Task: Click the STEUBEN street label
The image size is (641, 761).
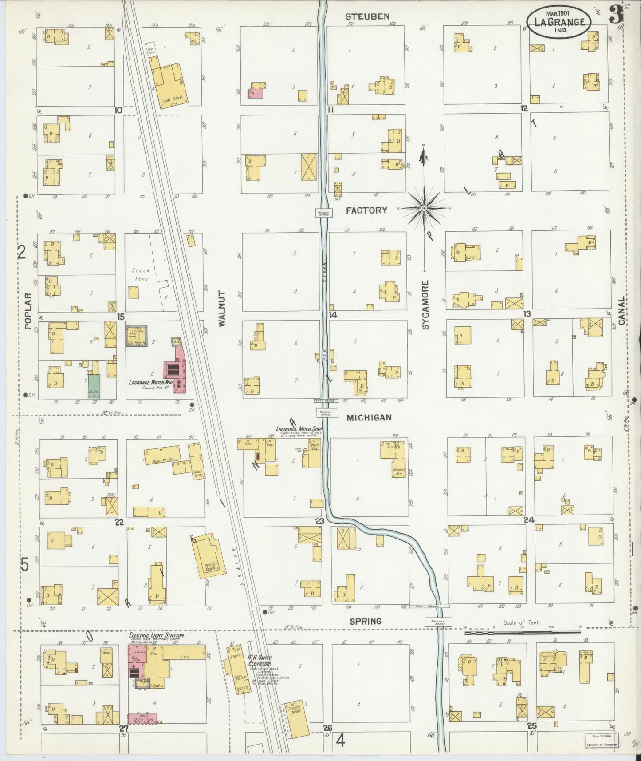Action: pos(367,16)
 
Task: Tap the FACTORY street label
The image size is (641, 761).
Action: pos(366,210)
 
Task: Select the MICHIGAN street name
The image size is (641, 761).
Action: pos(369,418)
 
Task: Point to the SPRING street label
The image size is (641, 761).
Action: pos(366,621)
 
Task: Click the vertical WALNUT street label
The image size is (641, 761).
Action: pos(222,309)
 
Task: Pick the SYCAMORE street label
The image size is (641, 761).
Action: pos(425,305)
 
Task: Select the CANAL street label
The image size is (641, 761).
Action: pos(621,311)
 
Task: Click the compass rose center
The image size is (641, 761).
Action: pos(425,208)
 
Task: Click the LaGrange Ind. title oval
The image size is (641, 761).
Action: pos(558,22)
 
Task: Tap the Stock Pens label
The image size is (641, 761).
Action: pos(140,274)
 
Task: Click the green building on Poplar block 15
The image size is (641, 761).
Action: pos(94,385)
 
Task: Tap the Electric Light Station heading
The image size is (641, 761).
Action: pos(157,635)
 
